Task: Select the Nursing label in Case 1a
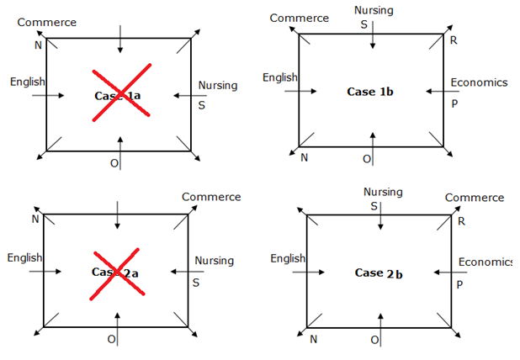(218, 86)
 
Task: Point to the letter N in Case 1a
(38, 45)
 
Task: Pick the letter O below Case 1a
(114, 162)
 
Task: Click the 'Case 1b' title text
(371, 91)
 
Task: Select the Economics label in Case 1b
(479, 82)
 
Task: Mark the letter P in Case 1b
(454, 103)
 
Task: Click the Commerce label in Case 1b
(300, 18)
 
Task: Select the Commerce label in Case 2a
(211, 197)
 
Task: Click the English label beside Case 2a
(24, 257)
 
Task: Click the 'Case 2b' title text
(381, 273)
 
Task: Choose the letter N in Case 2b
(314, 339)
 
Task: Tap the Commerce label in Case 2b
(475, 198)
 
